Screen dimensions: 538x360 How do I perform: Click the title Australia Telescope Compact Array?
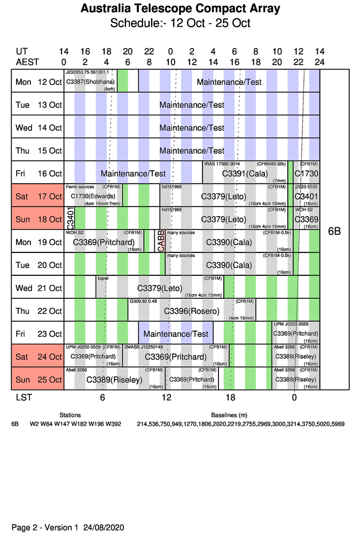pyautogui.click(x=180, y=9)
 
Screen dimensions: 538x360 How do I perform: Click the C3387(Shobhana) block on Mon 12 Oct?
pyautogui.click(x=90, y=82)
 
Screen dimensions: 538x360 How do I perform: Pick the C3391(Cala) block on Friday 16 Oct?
pyautogui.click(x=245, y=173)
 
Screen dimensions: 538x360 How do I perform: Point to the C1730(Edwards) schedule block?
pyautogui.click(x=93, y=196)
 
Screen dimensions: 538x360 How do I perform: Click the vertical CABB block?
pyautogui.click(x=161, y=241)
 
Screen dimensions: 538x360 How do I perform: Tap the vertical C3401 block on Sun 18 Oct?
pyautogui.click(x=70, y=219)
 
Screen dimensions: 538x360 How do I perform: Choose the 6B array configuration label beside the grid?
pyautogui.click(x=334, y=232)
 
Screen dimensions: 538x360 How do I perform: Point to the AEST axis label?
pyautogui.click(x=27, y=62)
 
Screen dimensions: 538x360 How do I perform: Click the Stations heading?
pyautogui.click(x=70, y=415)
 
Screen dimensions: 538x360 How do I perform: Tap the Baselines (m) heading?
pyautogui.click(x=229, y=415)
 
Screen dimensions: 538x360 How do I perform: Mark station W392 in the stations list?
pyautogui.click(x=113, y=424)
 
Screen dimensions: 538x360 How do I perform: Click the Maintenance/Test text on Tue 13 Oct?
pyautogui.click(x=192, y=105)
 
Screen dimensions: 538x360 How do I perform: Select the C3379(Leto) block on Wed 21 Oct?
pyautogui.click(x=160, y=288)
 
